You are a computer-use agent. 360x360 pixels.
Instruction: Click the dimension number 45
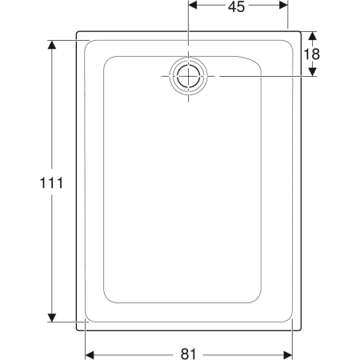tap(236, 7)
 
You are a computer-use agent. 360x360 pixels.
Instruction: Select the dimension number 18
tap(312, 54)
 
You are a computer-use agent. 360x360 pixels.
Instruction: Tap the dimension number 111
tap(51, 183)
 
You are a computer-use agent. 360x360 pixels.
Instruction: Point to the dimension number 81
tap(189, 354)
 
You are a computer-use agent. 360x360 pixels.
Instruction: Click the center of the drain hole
tap(189, 76)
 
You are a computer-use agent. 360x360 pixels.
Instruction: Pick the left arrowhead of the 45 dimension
tap(193, 5)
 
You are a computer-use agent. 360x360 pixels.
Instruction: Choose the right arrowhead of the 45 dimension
tap(283, 5)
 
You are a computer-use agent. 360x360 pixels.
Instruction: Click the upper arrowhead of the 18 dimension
tap(313, 36)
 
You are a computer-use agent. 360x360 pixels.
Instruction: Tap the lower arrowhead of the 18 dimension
tap(313, 72)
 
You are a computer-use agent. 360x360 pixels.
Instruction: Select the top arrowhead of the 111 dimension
tap(52, 45)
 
